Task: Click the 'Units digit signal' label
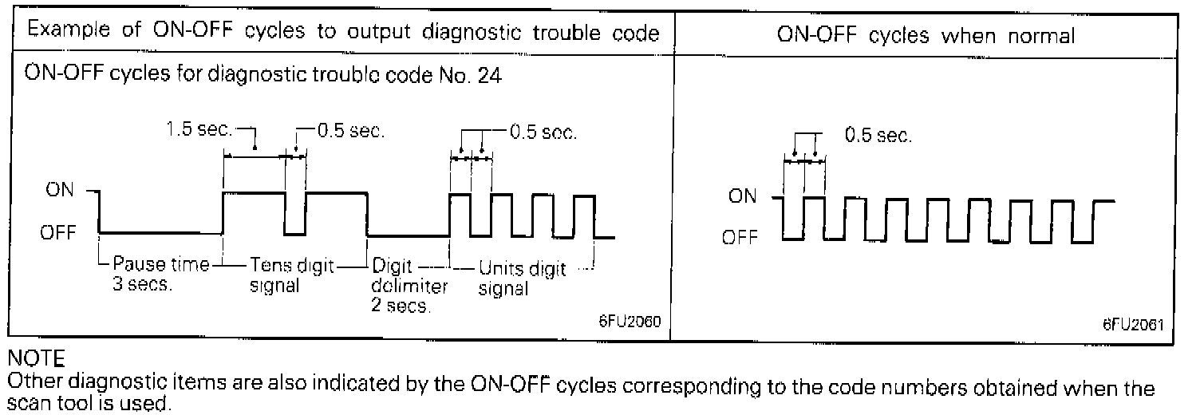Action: [x=522, y=279]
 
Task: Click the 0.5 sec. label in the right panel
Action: [x=878, y=136]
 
